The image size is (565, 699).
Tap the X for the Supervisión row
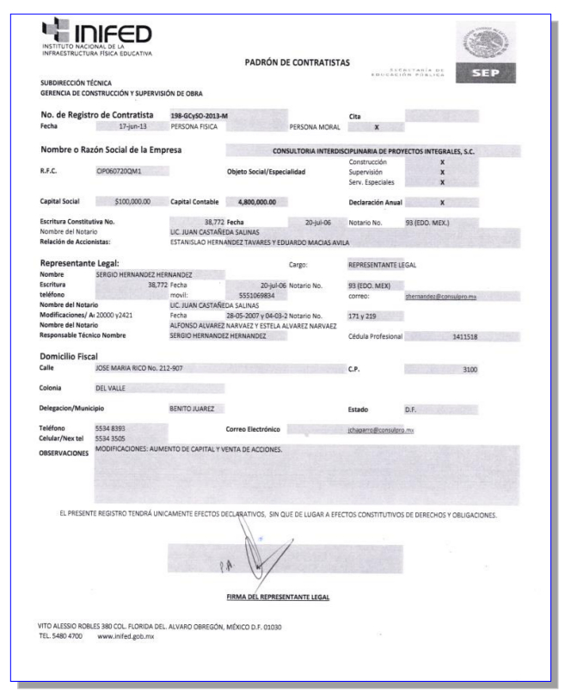[x=442, y=171]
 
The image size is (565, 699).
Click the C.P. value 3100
[x=469, y=369]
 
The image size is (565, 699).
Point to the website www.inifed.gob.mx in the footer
[x=126, y=635]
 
